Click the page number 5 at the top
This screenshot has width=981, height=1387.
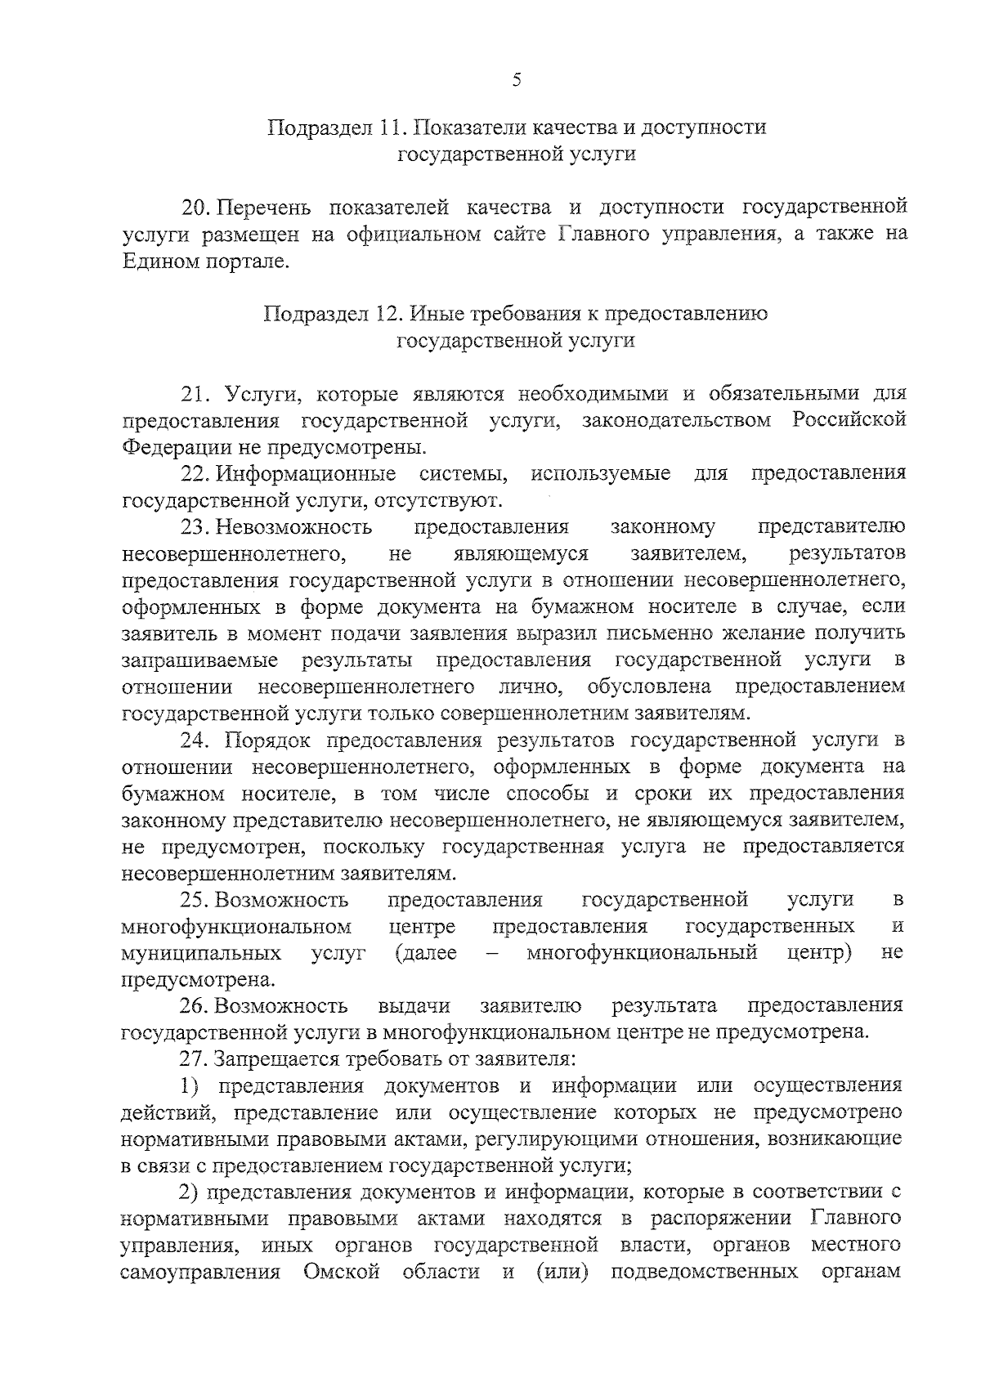[516, 79]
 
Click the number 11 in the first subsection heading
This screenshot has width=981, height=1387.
[390, 128]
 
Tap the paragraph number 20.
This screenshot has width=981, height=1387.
[196, 208]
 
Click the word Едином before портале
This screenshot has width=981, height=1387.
[158, 262]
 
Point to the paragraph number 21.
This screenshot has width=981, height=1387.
[196, 394]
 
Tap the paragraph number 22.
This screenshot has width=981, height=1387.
[196, 474]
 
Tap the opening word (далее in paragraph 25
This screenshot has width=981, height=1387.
[424, 953]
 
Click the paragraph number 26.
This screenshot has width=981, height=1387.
[196, 1005]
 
